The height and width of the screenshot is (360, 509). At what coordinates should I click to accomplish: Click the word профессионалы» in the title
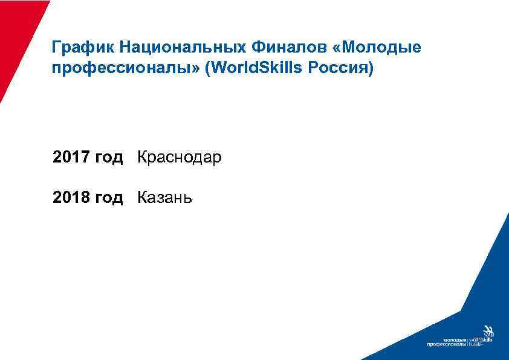click(x=126, y=68)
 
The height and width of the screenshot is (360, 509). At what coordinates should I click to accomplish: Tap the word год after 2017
click(x=109, y=158)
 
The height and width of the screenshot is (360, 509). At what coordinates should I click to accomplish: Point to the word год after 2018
click(x=109, y=198)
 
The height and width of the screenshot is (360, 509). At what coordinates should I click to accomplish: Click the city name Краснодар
click(x=180, y=158)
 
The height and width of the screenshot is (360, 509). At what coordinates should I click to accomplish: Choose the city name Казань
click(x=165, y=197)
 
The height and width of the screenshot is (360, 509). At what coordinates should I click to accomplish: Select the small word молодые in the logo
click(x=455, y=340)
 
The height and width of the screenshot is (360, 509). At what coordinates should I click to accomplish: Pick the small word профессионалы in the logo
click(x=447, y=345)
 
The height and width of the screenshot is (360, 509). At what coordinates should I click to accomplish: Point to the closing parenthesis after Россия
click(x=372, y=68)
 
